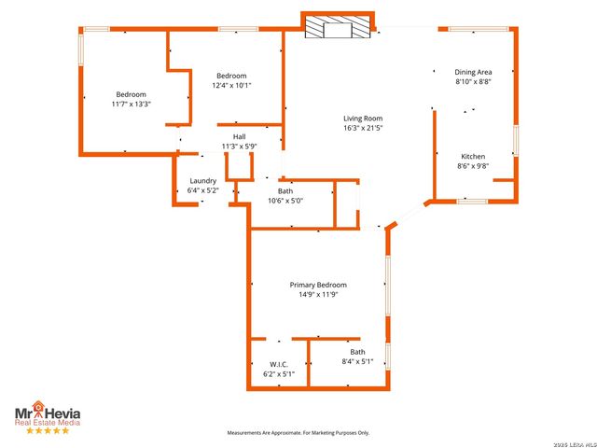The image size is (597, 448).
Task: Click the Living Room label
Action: [363, 119]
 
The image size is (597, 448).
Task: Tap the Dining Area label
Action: [473, 72]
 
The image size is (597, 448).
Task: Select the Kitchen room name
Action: [473, 156]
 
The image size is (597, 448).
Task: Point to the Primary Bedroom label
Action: [317, 285]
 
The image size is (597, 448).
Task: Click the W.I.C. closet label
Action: [278, 364]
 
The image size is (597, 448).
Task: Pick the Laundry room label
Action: [202, 181]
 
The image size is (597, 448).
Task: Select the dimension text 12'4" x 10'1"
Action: [231, 85]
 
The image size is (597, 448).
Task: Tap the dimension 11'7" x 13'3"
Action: [131, 104]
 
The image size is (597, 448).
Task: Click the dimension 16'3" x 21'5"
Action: [363, 128]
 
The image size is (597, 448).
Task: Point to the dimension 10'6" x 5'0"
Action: [285, 201]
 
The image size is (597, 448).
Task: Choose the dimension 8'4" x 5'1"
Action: [357, 361]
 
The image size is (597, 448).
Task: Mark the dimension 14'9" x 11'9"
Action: [317, 295]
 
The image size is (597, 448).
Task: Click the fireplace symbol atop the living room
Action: [338, 26]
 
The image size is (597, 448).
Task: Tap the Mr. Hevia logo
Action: [46, 409]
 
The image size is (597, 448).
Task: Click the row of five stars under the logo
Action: [47, 430]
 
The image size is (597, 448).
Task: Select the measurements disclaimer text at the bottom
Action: [299, 433]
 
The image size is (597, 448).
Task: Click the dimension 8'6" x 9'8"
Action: [473, 166]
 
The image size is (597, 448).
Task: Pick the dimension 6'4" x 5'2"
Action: [202, 190]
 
